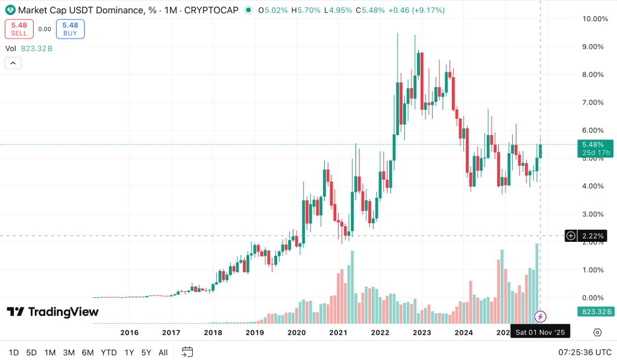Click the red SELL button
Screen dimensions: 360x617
pos(19,29)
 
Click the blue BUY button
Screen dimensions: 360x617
pos(70,29)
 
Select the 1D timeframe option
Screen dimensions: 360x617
pos(14,352)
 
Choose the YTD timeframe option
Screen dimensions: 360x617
pos(108,352)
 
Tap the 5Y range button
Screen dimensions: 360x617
pos(146,352)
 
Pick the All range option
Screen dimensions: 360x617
pos(163,352)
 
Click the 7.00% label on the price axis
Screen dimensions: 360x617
pos(594,103)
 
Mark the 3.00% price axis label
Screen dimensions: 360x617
pos(594,214)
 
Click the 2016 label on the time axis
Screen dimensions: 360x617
pos(130,332)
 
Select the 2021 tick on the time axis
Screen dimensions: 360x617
pos(338,332)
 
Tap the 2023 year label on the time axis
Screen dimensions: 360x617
pos(421,332)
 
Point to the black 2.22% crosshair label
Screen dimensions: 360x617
pos(593,236)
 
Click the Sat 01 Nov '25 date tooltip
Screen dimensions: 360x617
pos(540,332)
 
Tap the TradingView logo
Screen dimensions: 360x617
pos(52,312)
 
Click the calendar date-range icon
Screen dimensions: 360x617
pos(187,352)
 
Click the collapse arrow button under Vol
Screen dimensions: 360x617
pos(13,63)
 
